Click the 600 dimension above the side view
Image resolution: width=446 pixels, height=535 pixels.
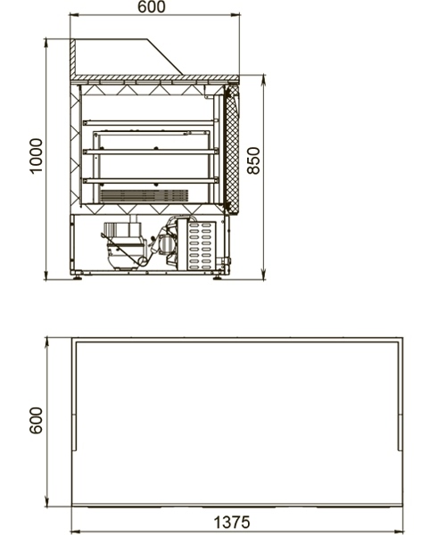tap(152, 7)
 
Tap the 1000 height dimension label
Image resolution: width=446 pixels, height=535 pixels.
tap(37, 156)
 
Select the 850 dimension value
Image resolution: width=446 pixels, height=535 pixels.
tap(253, 161)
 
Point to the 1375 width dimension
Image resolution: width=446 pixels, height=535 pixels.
tap(232, 522)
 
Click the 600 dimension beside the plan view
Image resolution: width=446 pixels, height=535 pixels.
tap(37, 420)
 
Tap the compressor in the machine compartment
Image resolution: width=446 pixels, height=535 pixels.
tap(125, 247)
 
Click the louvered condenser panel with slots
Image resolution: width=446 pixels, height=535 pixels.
tap(202, 244)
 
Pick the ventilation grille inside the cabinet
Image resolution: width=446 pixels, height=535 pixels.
tap(144, 195)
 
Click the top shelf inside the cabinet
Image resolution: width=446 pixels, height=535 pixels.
tap(151, 122)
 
